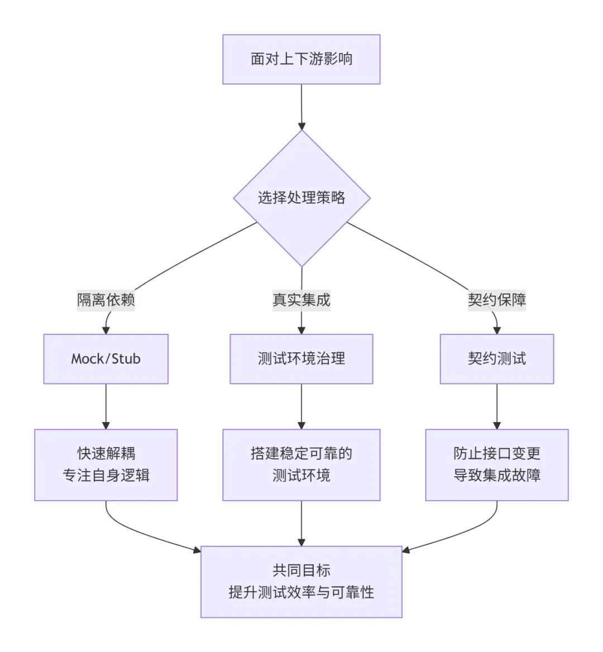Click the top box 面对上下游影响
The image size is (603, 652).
(x=301, y=59)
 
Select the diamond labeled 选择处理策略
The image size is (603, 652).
(x=301, y=198)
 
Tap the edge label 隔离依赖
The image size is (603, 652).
(x=106, y=300)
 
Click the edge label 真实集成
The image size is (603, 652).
(x=301, y=300)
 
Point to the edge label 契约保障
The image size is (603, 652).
(x=497, y=300)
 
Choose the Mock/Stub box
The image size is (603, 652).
(x=106, y=359)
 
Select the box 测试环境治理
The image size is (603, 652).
(x=301, y=359)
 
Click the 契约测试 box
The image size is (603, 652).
(x=497, y=359)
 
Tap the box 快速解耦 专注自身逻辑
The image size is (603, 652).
(x=106, y=464)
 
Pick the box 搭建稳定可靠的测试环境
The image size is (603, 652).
(x=301, y=464)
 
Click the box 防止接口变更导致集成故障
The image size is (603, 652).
(x=497, y=464)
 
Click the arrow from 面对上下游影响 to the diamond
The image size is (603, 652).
(x=301, y=106)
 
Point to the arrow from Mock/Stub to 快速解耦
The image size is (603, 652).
(x=106, y=406)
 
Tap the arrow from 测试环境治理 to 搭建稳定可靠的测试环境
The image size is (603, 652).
(x=301, y=406)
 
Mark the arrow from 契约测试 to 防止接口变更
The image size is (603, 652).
(x=497, y=406)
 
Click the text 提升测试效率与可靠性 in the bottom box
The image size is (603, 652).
(x=301, y=592)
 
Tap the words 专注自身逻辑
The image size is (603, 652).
(x=106, y=476)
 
